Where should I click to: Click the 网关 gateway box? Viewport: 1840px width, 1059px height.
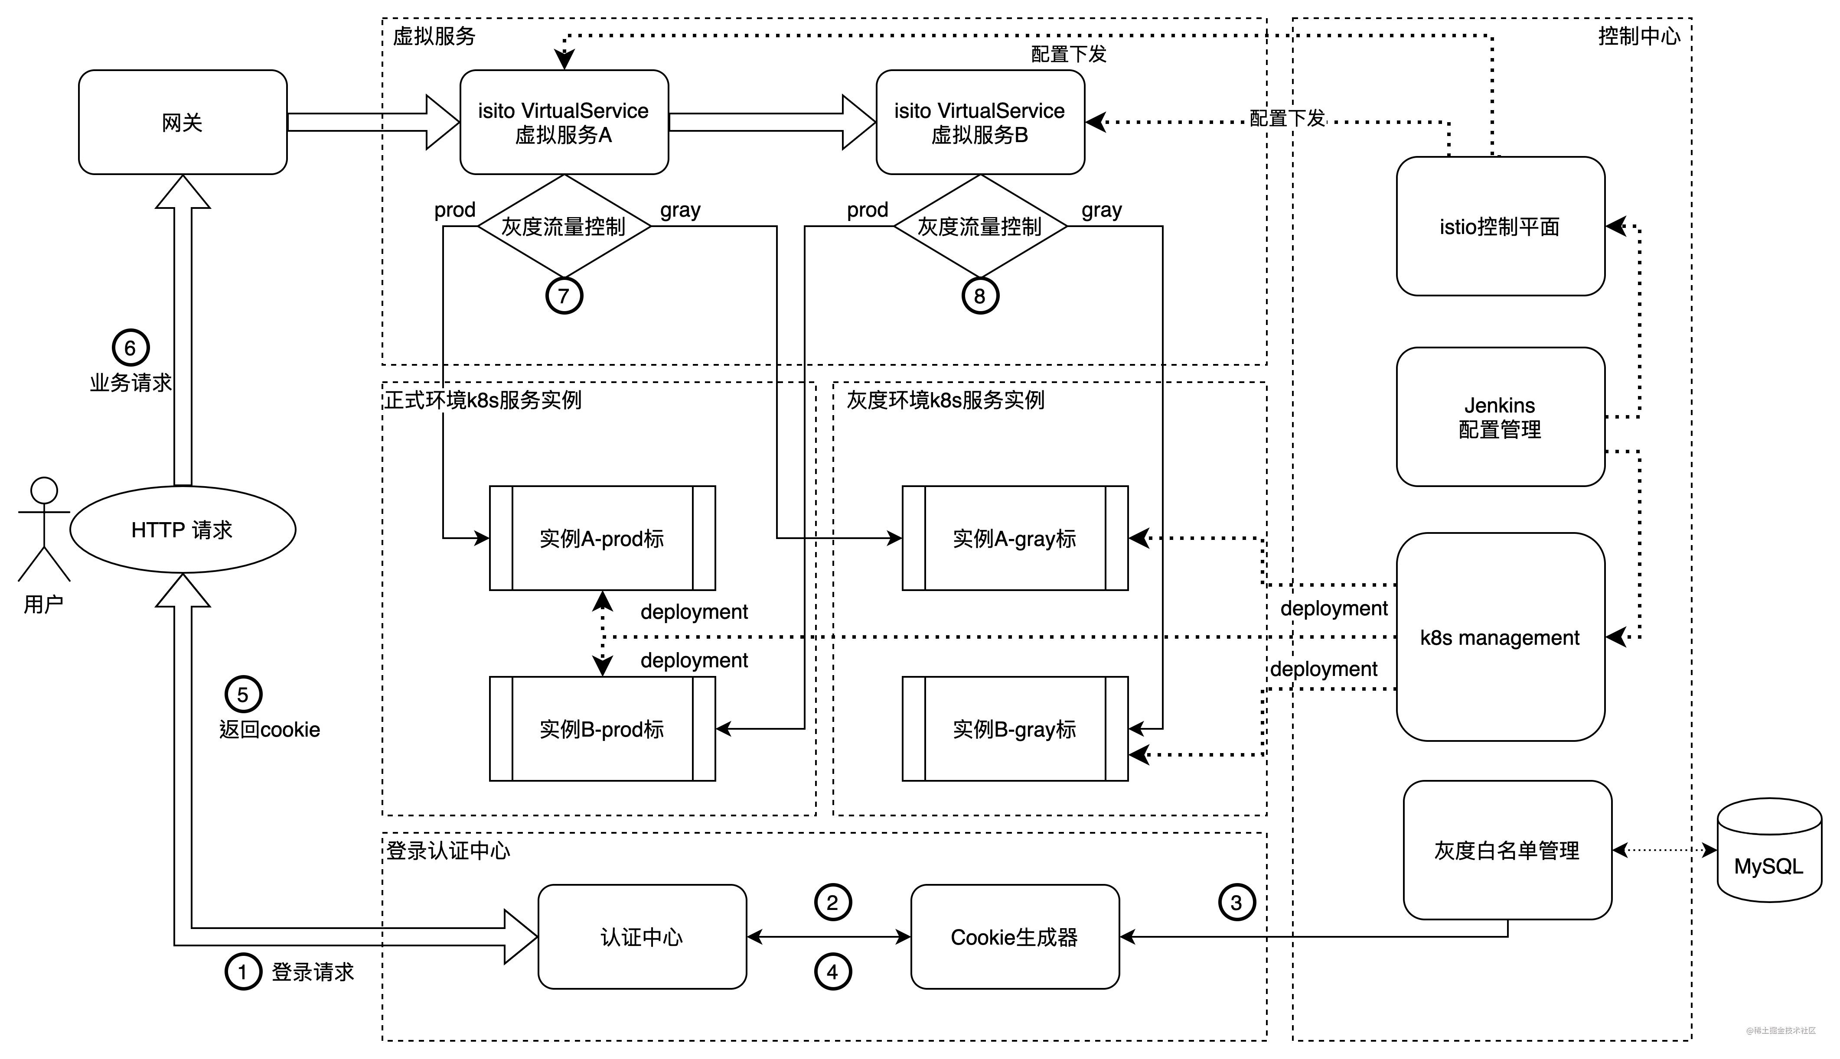pos(183,122)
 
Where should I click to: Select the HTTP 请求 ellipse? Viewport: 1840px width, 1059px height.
pos(183,529)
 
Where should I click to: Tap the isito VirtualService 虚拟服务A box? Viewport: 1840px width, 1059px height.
pos(564,122)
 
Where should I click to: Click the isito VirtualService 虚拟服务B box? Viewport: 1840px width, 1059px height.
pos(980,122)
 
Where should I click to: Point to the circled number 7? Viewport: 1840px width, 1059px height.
pos(564,296)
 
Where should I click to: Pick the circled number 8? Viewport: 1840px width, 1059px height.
pos(980,296)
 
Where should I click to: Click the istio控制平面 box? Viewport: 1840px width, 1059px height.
pos(1500,226)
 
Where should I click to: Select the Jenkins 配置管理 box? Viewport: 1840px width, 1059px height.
pos(1500,417)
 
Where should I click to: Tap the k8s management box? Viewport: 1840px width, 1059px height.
pos(1500,637)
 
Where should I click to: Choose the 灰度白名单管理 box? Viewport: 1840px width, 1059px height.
pos(1507,850)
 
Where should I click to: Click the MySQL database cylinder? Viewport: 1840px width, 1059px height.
pos(1769,851)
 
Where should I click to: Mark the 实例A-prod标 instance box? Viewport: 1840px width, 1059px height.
pos(602,538)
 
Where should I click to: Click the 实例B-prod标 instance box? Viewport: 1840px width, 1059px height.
pos(602,729)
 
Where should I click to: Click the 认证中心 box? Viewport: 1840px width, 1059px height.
pos(642,937)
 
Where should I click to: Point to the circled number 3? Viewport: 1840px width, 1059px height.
pos(1236,903)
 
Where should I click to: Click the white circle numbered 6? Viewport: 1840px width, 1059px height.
pos(130,348)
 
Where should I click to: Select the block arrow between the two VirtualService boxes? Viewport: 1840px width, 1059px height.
pos(771,122)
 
